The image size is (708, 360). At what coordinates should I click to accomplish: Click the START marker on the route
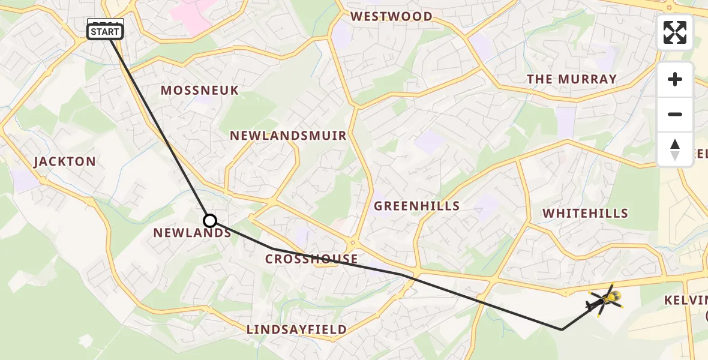pos(106,31)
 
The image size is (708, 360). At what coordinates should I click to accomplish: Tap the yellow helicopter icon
pos(607,298)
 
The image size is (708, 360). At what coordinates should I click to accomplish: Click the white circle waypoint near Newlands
pos(209,220)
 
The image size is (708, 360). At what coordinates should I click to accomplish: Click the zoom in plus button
pos(675,80)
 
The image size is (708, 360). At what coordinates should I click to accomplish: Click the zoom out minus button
pos(675,115)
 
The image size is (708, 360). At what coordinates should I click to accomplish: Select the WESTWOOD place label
pos(391,16)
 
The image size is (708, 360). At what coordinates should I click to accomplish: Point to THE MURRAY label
pos(571,79)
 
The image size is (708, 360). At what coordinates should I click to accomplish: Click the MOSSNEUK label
pos(199,90)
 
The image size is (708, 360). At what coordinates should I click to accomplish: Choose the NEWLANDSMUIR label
pos(288,136)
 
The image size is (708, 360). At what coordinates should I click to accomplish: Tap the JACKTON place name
pos(65,161)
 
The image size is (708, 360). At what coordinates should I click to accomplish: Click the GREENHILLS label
pos(416,206)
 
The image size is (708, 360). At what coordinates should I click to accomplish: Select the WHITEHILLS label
pos(585,213)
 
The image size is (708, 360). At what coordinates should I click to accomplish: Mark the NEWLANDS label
pos(192,233)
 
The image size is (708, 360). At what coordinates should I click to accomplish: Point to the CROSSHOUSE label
pos(311,259)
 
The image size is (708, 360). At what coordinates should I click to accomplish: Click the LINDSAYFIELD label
pos(296,329)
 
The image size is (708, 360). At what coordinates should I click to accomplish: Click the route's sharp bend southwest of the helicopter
pos(562,329)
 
